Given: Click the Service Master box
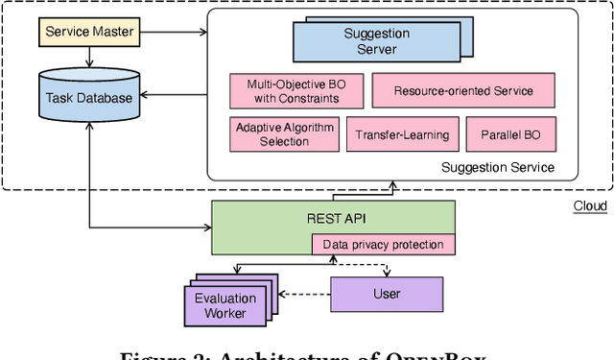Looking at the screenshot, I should [88, 33].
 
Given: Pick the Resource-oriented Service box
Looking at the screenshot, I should [464, 91].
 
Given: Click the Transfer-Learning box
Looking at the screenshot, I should [401, 134].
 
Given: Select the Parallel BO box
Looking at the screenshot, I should [510, 134].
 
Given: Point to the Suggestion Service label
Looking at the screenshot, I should [497, 167].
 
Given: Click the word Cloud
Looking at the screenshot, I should [589, 206].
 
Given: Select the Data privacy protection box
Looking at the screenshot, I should [383, 245].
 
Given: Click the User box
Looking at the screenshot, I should [387, 294].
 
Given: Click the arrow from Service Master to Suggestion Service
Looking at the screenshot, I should [173, 33].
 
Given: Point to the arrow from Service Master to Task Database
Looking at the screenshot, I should [88, 57].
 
